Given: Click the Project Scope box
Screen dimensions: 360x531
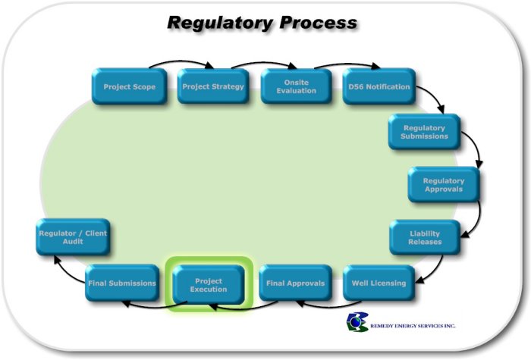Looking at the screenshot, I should (129, 86).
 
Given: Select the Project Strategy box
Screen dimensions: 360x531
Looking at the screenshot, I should (213, 86).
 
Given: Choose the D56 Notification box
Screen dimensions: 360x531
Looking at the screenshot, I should (379, 86).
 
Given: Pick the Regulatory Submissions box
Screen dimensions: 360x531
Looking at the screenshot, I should (425, 132).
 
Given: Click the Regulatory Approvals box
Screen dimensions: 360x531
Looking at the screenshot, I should (444, 185).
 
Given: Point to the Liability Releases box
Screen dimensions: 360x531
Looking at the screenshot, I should (426, 237).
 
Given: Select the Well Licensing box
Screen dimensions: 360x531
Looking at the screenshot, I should (379, 283).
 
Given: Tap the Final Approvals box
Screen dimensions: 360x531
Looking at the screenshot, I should (295, 283).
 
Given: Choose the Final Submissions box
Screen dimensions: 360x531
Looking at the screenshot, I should (122, 283).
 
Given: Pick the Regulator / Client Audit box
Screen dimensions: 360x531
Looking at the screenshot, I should (73, 236).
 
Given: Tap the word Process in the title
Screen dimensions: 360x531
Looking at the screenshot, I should (319, 23).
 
